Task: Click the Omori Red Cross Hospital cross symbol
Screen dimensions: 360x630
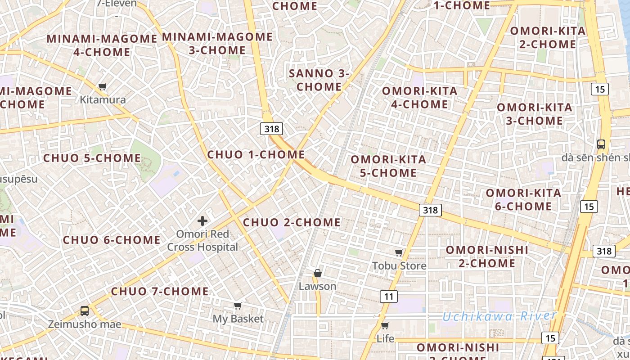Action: point(202,220)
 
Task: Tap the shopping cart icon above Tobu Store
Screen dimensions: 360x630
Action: point(399,252)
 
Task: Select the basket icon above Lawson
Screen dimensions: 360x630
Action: point(318,273)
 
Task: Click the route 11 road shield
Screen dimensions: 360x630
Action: point(389,296)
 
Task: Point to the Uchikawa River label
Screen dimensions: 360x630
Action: point(499,316)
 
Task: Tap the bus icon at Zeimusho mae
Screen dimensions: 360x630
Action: point(85,310)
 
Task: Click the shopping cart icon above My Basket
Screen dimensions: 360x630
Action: point(238,306)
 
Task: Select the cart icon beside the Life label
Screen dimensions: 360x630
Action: point(385,325)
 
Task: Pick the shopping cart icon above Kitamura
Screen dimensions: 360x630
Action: point(103,86)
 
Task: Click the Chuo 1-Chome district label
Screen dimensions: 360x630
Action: point(256,155)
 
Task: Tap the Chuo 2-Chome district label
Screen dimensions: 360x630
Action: point(292,222)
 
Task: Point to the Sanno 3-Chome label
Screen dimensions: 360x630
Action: point(319,80)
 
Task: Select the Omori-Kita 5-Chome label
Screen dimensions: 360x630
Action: point(388,166)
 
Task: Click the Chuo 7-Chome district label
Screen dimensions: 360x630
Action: point(160,291)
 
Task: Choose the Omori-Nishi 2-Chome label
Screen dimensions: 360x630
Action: point(487,256)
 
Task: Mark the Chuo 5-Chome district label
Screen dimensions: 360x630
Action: point(92,158)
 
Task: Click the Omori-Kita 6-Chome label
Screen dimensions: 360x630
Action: point(523,200)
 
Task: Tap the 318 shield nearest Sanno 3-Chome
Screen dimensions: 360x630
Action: point(271,129)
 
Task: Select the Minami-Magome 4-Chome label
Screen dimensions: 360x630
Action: point(102,45)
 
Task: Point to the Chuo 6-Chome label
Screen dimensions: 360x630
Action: point(112,240)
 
